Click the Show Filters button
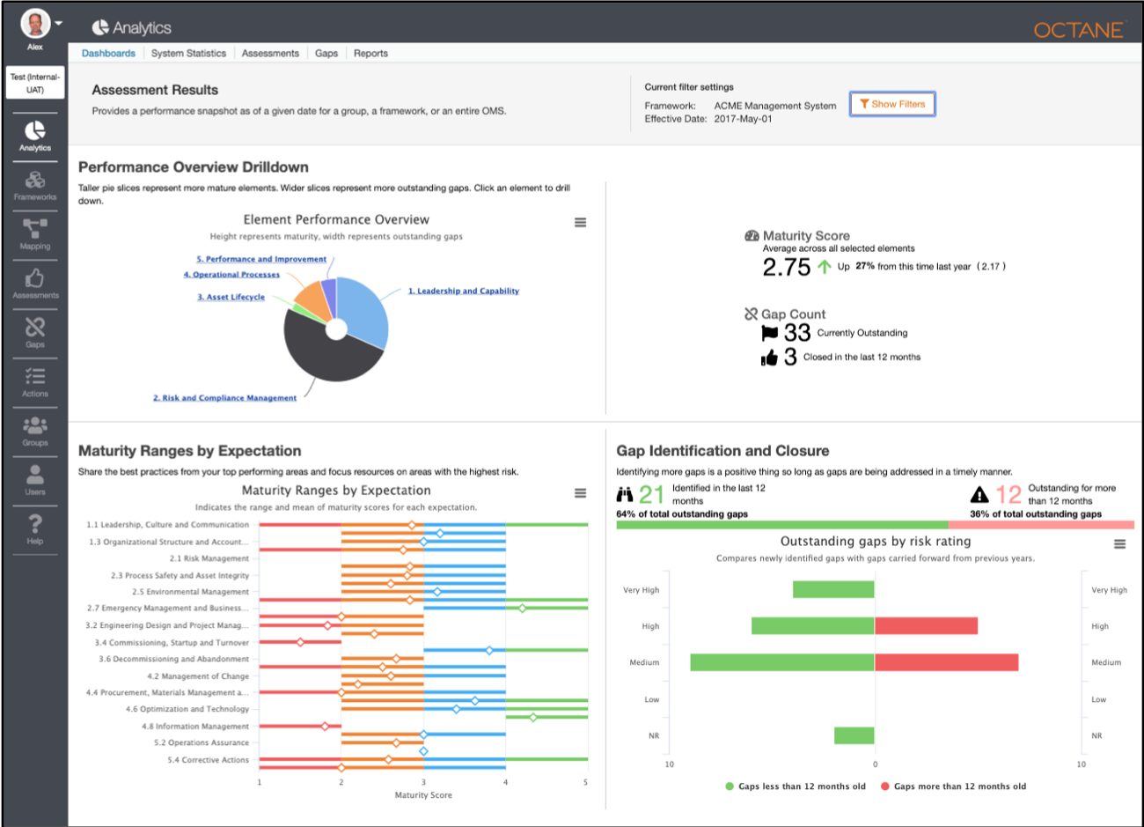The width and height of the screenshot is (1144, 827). [892, 104]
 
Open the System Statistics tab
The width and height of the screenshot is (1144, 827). [188, 53]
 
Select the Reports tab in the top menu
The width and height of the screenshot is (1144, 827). [370, 53]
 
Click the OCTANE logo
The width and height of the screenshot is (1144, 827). [1079, 30]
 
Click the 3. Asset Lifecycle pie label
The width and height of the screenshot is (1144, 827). [231, 298]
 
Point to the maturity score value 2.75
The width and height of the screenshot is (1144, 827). [786, 267]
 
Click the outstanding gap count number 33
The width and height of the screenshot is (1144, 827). [796, 333]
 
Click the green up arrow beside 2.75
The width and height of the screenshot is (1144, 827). [824, 266]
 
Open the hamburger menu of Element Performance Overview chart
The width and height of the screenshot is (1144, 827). [580, 223]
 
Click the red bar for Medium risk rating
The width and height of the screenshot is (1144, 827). [946, 662]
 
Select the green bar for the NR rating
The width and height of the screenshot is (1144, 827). [854, 735]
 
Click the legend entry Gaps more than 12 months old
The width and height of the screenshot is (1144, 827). [958, 786]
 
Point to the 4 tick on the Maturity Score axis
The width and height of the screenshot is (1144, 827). [505, 782]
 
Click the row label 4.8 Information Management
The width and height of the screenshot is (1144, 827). [195, 727]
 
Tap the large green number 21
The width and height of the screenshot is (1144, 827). [651, 495]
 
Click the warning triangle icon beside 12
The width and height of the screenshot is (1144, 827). [979, 495]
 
